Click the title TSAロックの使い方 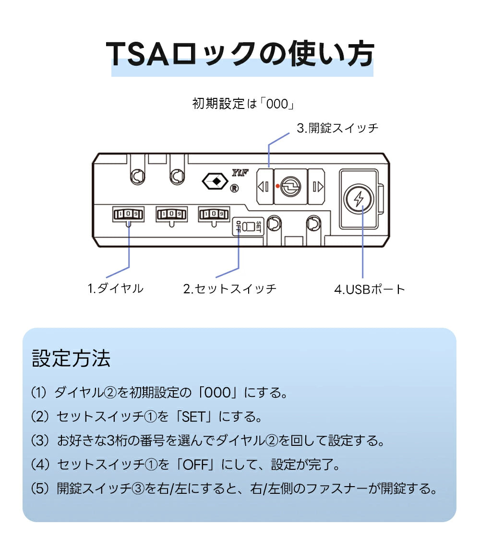(x=240, y=54)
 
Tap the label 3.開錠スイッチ (x=337, y=128)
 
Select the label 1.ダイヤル (x=115, y=288)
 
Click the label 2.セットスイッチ (x=230, y=289)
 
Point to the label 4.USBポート (x=370, y=289)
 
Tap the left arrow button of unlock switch (x=264, y=186)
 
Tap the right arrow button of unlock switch (x=317, y=186)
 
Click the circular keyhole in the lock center (x=291, y=186)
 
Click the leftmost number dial (x=128, y=214)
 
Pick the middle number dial (x=171, y=214)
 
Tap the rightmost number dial (x=214, y=214)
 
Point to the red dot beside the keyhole (x=277, y=186)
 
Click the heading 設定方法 (x=71, y=358)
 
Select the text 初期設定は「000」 (x=242, y=104)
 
